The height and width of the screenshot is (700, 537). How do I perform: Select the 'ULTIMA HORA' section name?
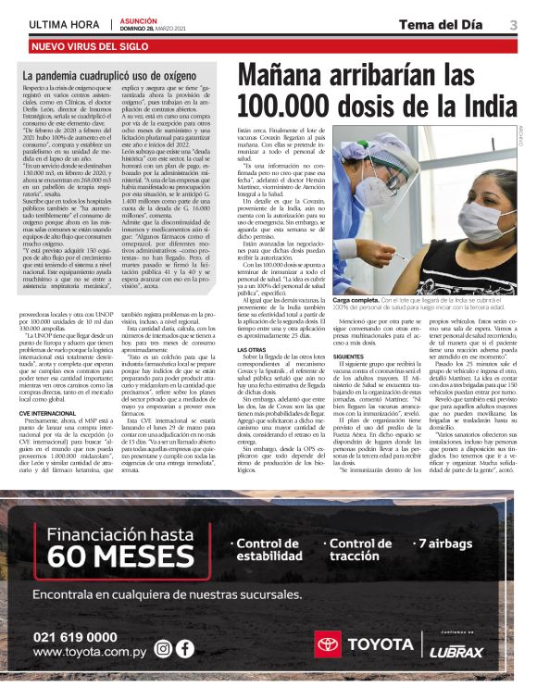point(64,24)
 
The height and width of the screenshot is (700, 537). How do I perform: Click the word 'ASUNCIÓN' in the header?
point(139,20)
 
